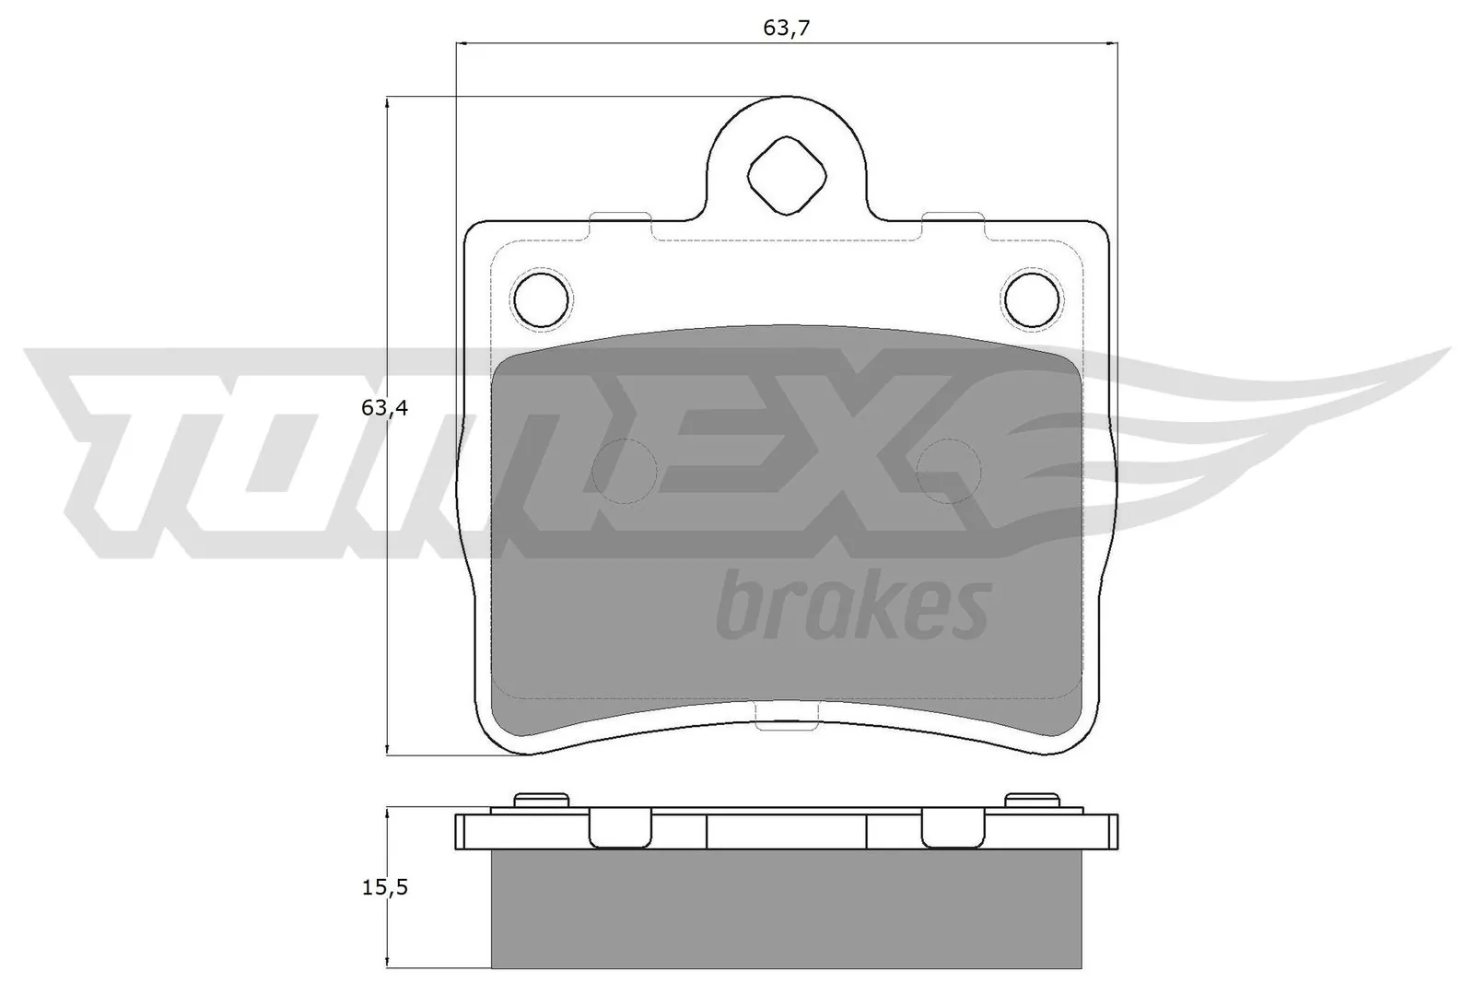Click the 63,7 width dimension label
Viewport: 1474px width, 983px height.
pyautogui.click(x=786, y=28)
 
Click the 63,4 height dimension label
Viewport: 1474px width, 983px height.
pyautogui.click(x=384, y=408)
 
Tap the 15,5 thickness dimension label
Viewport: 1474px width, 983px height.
pyautogui.click(x=384, y=887)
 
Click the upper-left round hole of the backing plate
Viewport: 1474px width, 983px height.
pyautogui.click(x=541, y=298)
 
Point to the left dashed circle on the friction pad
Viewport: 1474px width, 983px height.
pyautogui.click(x=624, y=471)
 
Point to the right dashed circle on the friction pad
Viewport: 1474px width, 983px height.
pyautogui.click(x=949, y=471)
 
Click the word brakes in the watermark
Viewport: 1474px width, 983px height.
pyautogui.click(x=852, y=604)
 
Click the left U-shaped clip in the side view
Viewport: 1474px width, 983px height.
pyautogui.click(x=620, y=827)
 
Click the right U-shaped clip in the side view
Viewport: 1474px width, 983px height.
pyautogui.click(x=953, y=827)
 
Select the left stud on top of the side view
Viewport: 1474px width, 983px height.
pyautogui.click(x=540, y=800)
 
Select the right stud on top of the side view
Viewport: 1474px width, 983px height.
pyautogui.click(x=1032, y=800)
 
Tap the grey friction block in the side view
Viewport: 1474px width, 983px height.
pyautogui.click(x=786, y=907)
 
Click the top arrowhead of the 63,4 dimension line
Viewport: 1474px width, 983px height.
pyautogui.click(x=388, y=104)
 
